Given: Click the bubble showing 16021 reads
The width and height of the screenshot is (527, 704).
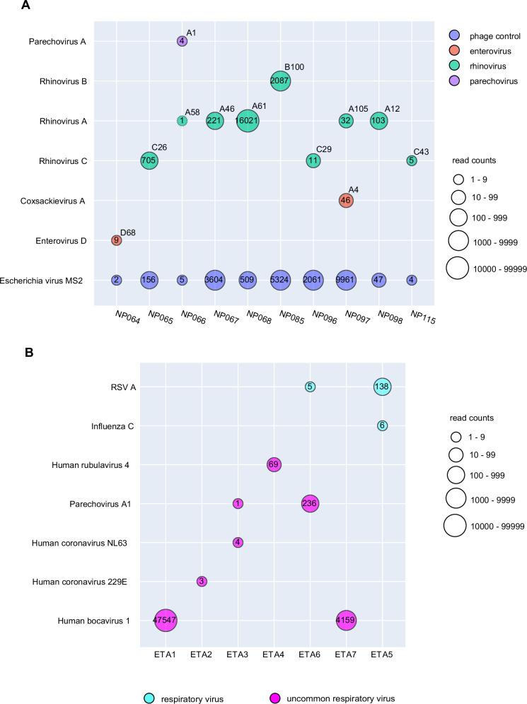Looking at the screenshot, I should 248,121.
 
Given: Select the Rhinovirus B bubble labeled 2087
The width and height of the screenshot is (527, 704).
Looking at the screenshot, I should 280,81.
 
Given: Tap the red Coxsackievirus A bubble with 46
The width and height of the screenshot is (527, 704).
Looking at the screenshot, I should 346,201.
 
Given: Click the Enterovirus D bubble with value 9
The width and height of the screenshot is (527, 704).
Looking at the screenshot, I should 116,240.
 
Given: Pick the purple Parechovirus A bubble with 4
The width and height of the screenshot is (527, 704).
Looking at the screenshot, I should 182,41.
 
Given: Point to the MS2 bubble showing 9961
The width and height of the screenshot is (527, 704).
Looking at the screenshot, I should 346,280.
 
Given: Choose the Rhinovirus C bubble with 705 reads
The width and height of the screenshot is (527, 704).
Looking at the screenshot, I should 149,160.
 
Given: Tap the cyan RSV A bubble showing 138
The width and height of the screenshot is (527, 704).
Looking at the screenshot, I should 382,387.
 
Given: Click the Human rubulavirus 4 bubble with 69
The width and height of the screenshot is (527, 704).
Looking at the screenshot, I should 274,464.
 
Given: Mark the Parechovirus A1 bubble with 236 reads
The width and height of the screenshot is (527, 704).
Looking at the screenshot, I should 310,503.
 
